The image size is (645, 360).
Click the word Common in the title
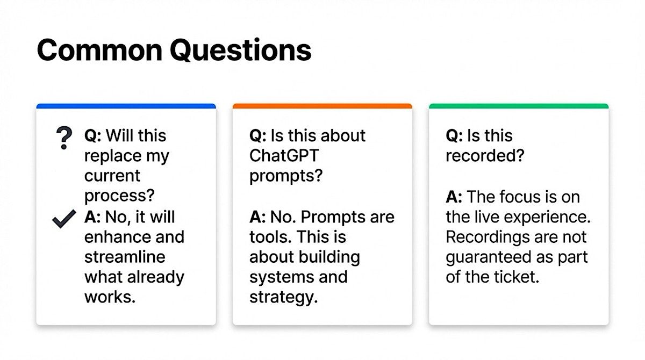pyautogui.click(x=99, y=50)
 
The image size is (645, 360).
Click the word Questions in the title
pyautogui.click(x=241, y=51)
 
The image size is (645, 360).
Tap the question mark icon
pyautogui.click(x=64, y=138)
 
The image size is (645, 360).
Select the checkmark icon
pyautogui.click(x=64, y=219)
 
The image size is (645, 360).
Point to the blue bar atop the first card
pyautogui.click(x=126, y=106)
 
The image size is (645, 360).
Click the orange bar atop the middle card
pyautogui.click(x=322, y=106)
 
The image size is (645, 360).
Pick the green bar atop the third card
pyautogui.click(x=519, y=106)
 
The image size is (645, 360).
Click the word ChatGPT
pyautogui.click(x=284, y=156)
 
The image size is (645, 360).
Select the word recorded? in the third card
pyautogui.click(x=485, y=156)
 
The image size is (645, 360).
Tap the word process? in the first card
pyautogui.click(x=119, y=196)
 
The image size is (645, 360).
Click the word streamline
pyautogui.click(x=125, y=257)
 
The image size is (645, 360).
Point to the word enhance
pyautogui.click(x=118, y=237)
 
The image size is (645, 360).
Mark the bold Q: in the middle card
pyautogui.click(x=258, y=136)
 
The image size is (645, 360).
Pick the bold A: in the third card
pyautogui.click(x=454, y=197)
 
